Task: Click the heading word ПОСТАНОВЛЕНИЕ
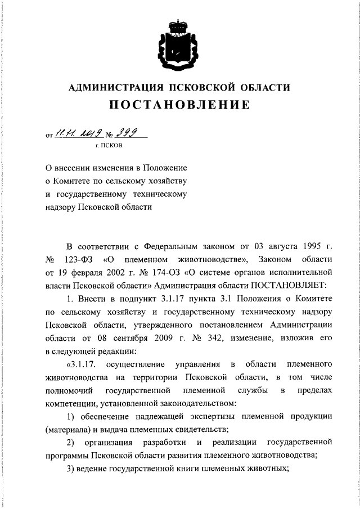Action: pos(179,105)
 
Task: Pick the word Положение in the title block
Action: pos(164,168)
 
